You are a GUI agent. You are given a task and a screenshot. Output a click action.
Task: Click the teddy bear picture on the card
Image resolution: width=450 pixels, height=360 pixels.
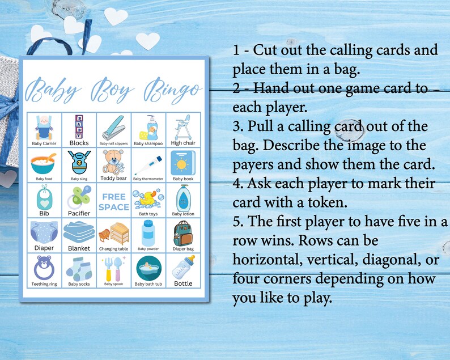pyautogui.click(x=114, y=161)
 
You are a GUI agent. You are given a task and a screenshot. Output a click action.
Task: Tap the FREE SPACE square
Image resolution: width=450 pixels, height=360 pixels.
pyautogui.click(x=114, y=201)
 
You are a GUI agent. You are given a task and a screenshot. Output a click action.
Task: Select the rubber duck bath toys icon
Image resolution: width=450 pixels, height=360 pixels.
pyautogui.click(x=148, y=198)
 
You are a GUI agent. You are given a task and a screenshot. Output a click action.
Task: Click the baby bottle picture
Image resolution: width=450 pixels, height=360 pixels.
pyautogui.click(x=182, y=266)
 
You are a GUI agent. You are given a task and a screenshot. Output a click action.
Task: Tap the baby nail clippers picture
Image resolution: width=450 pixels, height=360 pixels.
pyautogui.click(x=114, y=127)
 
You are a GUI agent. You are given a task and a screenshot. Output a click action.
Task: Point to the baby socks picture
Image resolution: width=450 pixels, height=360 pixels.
pyautogui.click(x=80, y=267)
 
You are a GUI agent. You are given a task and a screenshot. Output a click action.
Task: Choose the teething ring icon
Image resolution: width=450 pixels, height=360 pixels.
pyautogui.click(x=45, y=266)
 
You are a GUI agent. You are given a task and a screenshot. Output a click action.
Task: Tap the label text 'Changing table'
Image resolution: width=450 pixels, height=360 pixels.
pyautogui.click(x=114, y=248)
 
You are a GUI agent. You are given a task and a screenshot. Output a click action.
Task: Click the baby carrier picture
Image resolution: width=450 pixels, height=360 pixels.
pyautogui.click(x=45, y=126)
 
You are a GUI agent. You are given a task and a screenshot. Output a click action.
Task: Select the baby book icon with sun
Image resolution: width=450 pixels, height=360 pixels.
pyautogui.click(x=182, y=163)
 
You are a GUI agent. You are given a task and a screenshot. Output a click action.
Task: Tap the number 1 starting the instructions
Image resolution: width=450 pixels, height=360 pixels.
pyautogui.click(x=237, y=49)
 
